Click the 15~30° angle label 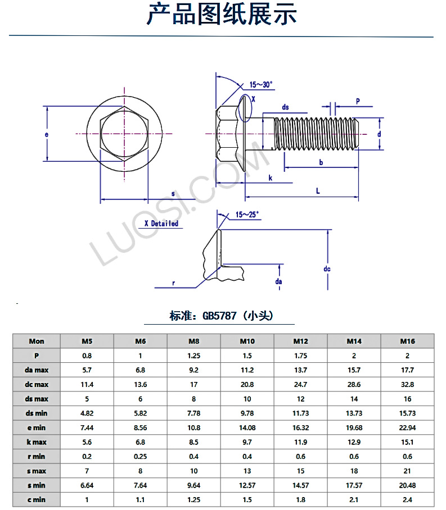(x=260, y=85)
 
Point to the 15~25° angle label (x=247, y=215)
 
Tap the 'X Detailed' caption (x=161, y=224)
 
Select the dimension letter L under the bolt (x=318, y=191)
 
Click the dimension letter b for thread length (x=321, y=162)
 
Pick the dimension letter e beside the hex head (x=47, y=135)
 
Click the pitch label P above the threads (x=357, y=101)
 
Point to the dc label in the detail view (x=327, y=269)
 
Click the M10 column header (x=247, y=341)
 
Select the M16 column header (x=407, y=341)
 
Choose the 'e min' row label (x=37, y=427)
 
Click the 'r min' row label (x=37, y=456)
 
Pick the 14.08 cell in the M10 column (x=247, y=427)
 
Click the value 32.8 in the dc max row (x=407, y=384)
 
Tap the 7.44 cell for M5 (x=87, y=427)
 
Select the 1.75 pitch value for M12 (x=301, y=356)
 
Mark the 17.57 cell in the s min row (x=354, y=485)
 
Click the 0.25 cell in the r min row (x=141, y=456)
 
